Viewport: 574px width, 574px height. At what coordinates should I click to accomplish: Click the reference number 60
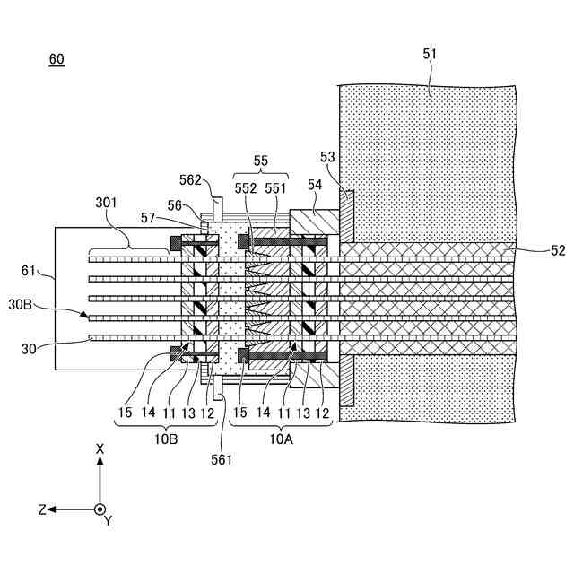(57, 59)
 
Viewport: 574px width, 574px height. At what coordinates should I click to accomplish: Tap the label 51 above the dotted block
(430, 54)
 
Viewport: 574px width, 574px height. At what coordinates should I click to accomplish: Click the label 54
(314, 184)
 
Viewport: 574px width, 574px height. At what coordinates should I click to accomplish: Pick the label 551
(275, 188)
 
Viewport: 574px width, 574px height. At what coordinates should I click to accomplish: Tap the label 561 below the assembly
(222, 460)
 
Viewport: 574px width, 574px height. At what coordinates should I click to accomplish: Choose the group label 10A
(282, 439)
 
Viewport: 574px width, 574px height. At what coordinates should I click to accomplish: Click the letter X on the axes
(100, 448)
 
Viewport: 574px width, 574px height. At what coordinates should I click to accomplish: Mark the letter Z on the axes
(42, 509)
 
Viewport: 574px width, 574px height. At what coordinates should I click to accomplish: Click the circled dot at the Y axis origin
(100, 509)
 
